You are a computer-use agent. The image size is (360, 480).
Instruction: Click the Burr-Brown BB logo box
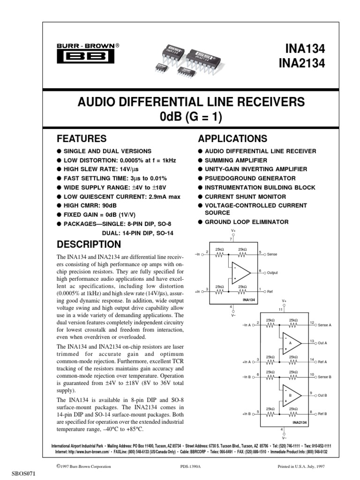(x=85, y=57)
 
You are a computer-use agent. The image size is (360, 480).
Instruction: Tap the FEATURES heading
(x=82, y=139)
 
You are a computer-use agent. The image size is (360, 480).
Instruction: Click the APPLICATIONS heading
(x=233, y=139)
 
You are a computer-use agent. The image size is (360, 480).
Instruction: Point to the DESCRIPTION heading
(x=89, y=244)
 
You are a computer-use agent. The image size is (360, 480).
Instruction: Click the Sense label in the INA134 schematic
(x=272, y=254)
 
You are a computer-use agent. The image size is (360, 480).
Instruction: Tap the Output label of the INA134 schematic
(x=273, y=272)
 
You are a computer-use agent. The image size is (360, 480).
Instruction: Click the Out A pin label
(x=322, y=343)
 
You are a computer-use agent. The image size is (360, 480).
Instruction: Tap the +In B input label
(x=247, y=414)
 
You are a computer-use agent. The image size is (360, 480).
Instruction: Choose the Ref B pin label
(x=322, y=414)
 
